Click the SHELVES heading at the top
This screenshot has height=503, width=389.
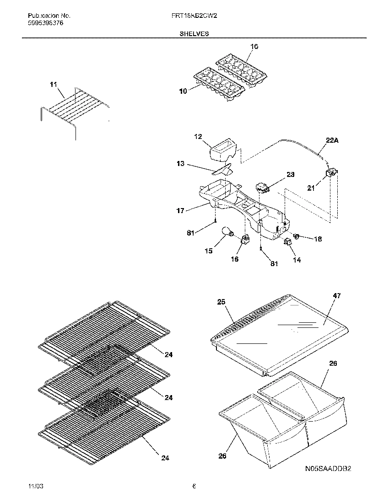pyautogui.click(x=194, y=34)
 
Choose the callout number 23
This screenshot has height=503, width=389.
pyautogui.click(x=291, y=175)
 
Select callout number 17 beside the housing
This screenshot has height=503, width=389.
pyautogui.click(x=180, y=211)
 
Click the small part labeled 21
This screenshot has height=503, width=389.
pyautogui.click(x=331, y=173)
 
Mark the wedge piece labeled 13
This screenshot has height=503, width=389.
pyautogui.click(x=222, y=171)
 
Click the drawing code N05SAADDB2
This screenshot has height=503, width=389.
pyautogui.click(x=329, y=469)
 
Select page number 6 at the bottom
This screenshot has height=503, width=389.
pyautogui.click(x=194, y=486)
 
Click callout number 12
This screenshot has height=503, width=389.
pyautogui.click(x=198, y=136)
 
